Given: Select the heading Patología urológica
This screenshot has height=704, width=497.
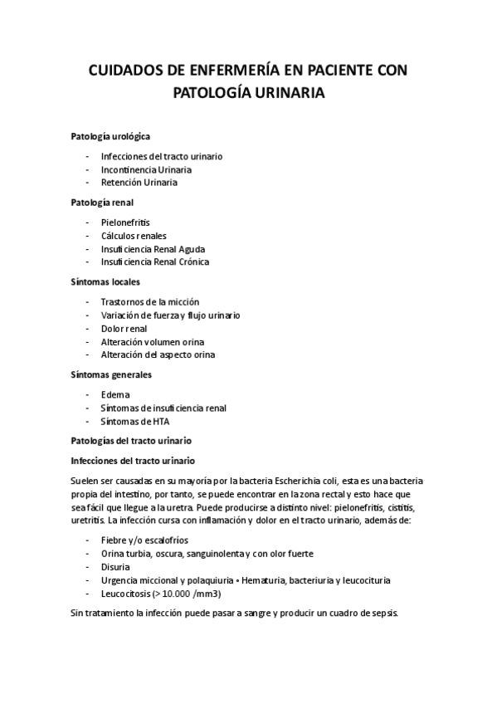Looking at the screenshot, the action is pyautogui.click(x=110, y=135).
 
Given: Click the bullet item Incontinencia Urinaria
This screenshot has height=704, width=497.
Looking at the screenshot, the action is pyautogui.click(x=146, y=169).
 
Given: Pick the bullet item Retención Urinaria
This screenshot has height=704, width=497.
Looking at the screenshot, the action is pyautogui.click(x=139, y=183).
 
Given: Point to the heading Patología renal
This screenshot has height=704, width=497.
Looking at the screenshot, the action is pyautogui.click(x=102, y=202).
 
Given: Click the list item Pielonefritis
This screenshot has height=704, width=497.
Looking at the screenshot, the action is pyautogui.click(x=125, y=222).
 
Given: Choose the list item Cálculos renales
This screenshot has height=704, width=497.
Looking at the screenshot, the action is pyautogui.click(x=134, y=236).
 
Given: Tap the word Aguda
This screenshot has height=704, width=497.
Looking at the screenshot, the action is pyautogui.click(x=191, y=249).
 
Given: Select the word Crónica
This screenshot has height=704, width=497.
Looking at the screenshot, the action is pyautogui.click(x=192, y=262).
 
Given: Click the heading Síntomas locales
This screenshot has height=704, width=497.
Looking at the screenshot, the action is pyautogui.click(x=105, y=281).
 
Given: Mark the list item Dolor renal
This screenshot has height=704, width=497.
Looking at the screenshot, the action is pyautogui.click(x=124, y=329).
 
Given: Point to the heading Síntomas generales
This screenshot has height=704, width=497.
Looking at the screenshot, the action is pyautogui.click(x=111, y=374).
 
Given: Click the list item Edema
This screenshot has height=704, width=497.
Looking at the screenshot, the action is pyautogui.click(x=115, y=395).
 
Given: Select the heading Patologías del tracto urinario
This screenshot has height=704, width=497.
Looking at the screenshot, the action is pyautogui.click(x=131, y=441).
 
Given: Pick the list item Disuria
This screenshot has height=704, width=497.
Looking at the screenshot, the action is pyautogui.click(x=116, y=567).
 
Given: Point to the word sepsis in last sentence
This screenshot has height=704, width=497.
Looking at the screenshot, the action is pyautogui.click(x=382, y=614).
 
